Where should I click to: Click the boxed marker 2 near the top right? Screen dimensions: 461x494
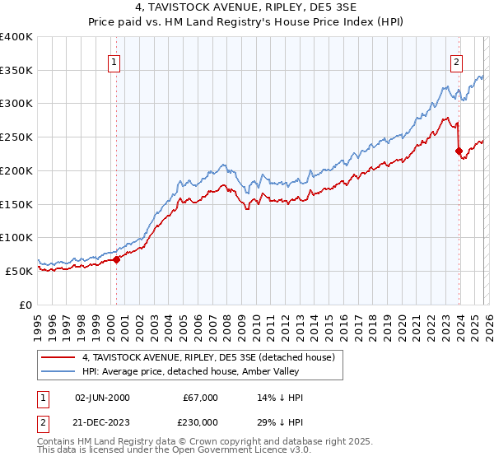(x=456, y=61)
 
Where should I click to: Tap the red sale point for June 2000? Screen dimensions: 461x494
(x=116, y=259)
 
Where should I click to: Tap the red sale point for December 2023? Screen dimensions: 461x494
(x=459, y=151)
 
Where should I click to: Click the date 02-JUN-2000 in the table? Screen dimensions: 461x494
(x=102, y=398)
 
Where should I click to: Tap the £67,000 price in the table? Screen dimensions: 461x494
(x=199, y=398)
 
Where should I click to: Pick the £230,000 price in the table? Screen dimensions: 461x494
(x=199, y=422)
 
